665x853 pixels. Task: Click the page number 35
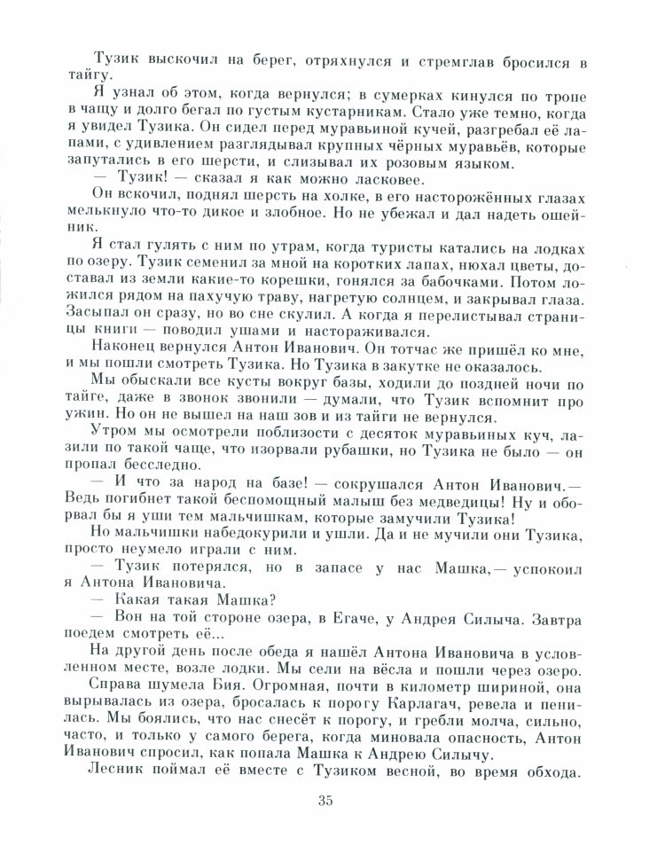point(323,802)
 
